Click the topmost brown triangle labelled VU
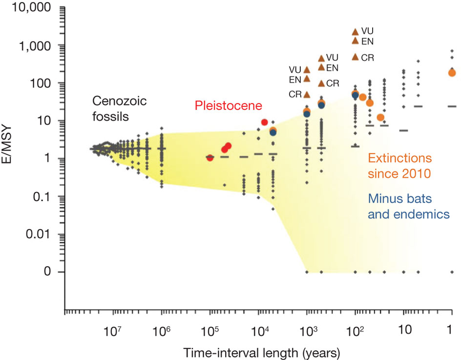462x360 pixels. pos(355,31)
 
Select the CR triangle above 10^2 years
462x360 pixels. pos(355,57)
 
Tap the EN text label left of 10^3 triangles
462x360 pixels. pos(294,79)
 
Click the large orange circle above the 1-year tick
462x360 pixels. pos(452,73)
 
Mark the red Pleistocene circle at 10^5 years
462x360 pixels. pos(210,157)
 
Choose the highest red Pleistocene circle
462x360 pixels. pos(264,122)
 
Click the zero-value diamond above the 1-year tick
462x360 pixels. pos(452,272)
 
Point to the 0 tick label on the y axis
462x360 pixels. pos(47,272)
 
